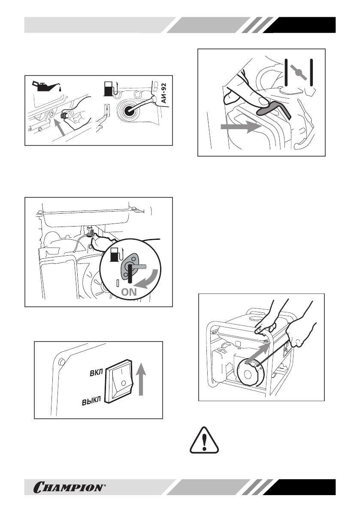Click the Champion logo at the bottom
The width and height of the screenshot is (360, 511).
(69, 487)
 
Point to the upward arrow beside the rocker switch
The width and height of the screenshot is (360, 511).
(142, 378)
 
